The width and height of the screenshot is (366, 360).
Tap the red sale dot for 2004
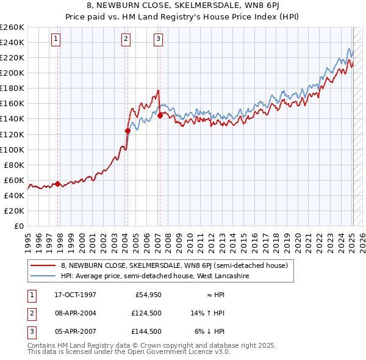point(127,131)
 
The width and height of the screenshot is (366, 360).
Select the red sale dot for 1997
point(57,184)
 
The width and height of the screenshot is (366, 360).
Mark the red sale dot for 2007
point(160,115)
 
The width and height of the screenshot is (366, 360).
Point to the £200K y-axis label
point(12,73)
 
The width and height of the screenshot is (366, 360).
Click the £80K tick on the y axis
point(13,165)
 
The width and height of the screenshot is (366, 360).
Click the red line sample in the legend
point(43,265)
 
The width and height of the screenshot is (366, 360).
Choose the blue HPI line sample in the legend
point(43,276)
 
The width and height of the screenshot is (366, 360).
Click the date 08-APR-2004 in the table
point(75,313)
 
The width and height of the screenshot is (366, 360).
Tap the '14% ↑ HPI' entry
point(208,313)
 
